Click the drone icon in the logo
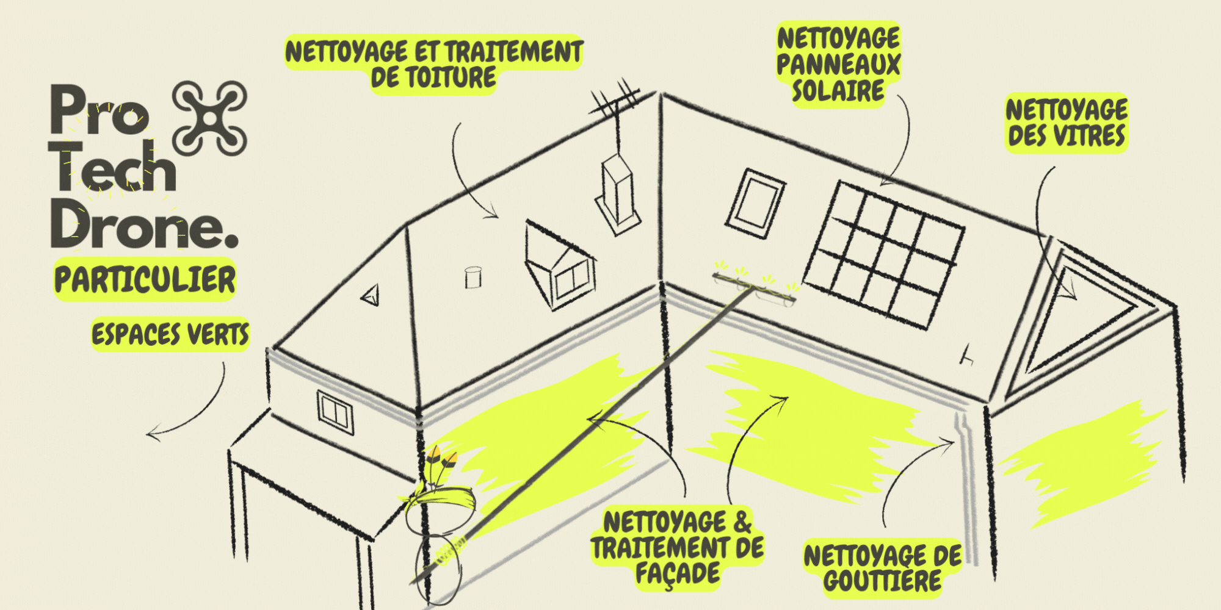click(x=209, y=118)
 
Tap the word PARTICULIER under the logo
click(x=145, y=280)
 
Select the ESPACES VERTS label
click(x=170, y=334)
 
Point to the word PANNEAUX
click(x=838, y=64)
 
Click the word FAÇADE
click(x=678, y=574)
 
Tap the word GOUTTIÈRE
click(x=882, y=581)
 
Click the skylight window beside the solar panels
click(x=755, y=203)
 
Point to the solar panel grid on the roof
click(x=883, y=255)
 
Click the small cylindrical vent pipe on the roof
click(x=473, y=277)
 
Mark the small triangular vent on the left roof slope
click(x=371, y=295)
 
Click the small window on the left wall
click(x=335, y=411)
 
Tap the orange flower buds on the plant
click(x=442, y=458)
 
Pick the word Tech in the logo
click(x=113, y=166)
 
